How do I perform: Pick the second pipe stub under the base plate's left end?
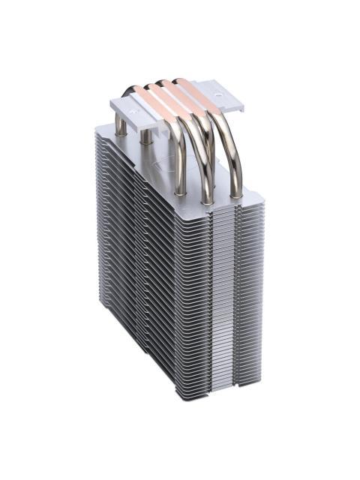point(145,136)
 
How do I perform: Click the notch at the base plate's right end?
point(233,104)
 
